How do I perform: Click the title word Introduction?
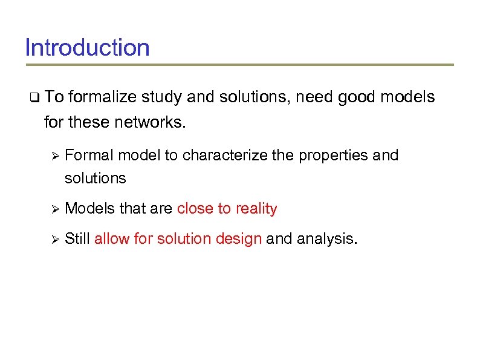[x=87, y=47]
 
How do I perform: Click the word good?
[x=357, y=97]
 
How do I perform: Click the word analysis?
[x=327, y=239]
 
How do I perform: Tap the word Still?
[x=77, y=239]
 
